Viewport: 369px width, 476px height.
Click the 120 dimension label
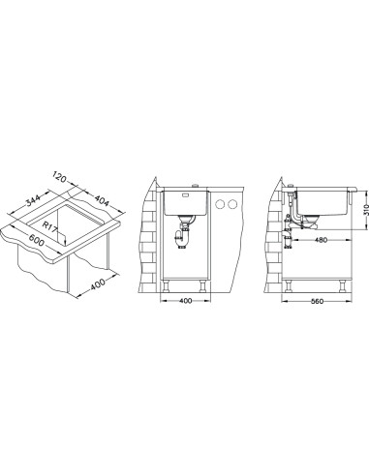tap(59, 177)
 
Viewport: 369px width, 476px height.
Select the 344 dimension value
tap(33, 200)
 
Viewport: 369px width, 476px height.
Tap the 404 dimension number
tap(102, 200)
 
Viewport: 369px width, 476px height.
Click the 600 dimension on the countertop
tap(36, 240)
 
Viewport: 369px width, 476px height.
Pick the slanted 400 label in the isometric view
tap(98, 284)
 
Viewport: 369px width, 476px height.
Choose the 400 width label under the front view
tap(185, 301)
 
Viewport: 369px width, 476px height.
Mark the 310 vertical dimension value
tap(366, 211)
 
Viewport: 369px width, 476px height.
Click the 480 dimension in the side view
tap(321, 240)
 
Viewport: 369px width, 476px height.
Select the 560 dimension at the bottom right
tap(317, 302)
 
